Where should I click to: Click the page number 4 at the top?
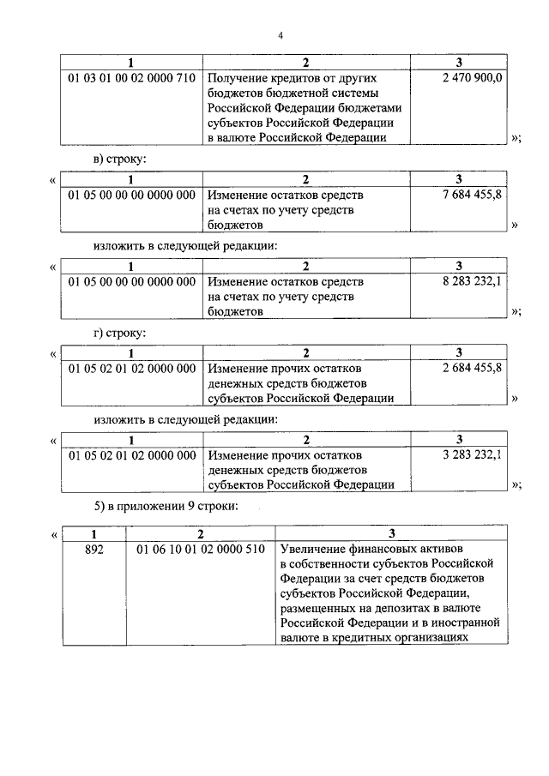[280, 35]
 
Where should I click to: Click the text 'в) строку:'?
[120, 159]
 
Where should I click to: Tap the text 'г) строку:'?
[119, 333]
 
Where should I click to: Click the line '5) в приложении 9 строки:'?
[166, 506]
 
